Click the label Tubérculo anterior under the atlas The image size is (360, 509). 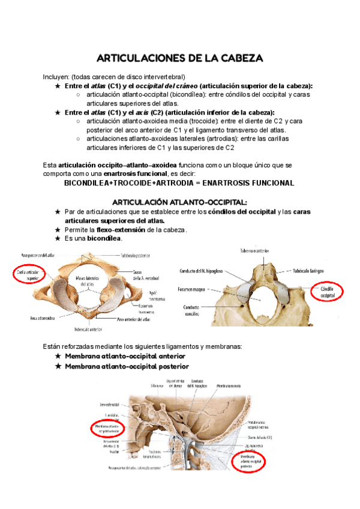point(88,330)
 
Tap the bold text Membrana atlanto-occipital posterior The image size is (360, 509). point(127,366)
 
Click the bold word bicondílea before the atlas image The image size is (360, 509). point(104,238)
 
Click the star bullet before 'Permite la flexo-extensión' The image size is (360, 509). point(58,229)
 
